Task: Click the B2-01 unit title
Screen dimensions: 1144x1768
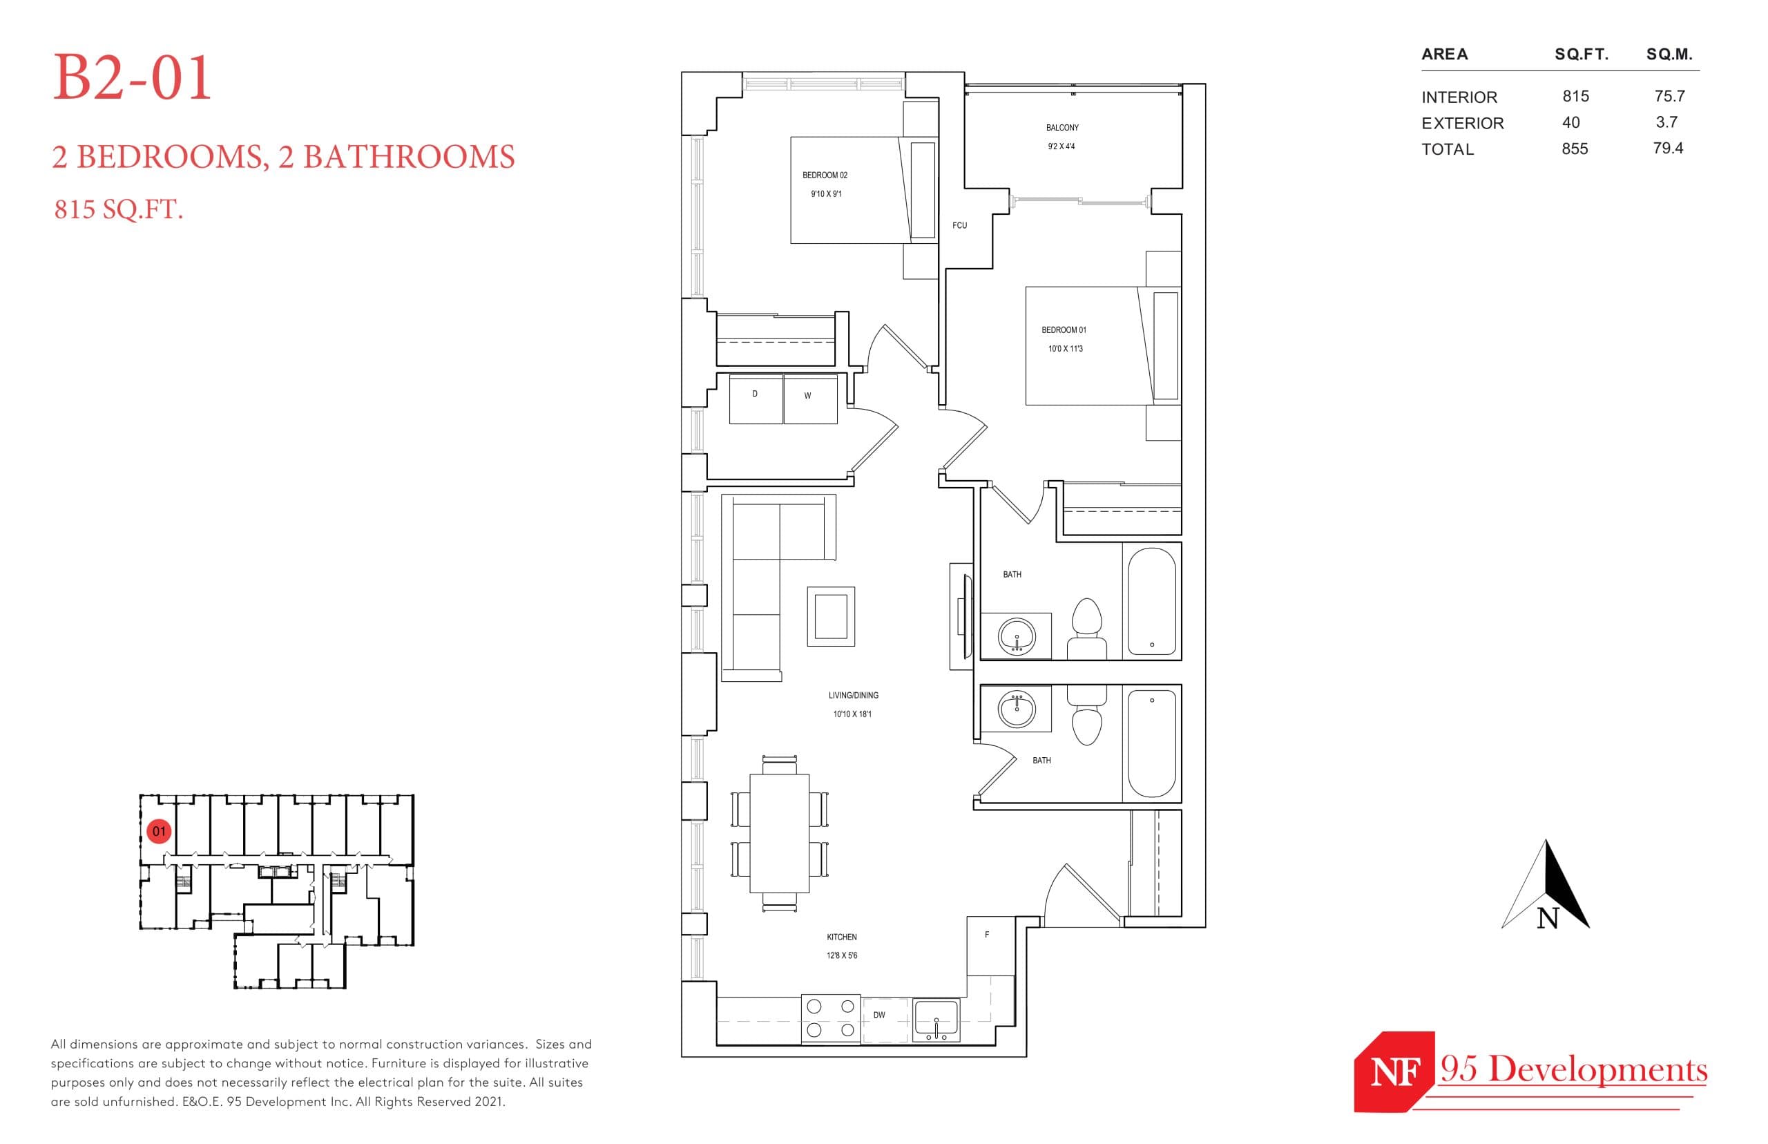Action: click(x=132, y=78)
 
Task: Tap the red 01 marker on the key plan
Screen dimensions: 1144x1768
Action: click(x=159, y=830)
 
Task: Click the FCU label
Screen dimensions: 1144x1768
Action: click(x=959, y=225)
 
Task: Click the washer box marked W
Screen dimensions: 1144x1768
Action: click(x=809, y=399)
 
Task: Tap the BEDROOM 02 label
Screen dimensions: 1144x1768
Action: click(x=823, y=175)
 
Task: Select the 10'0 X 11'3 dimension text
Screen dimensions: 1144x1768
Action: click(x=1064, y=348)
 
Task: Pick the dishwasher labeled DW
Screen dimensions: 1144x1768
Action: click(x=883, y=1018)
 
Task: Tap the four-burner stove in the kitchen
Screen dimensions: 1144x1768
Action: click(x=830, y=1018)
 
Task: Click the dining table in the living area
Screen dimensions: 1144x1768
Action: click(x=778, y=832)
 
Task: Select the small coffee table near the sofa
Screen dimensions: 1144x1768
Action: click(x=830, y=616)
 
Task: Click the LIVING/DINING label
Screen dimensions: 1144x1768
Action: click(x=852, y=696)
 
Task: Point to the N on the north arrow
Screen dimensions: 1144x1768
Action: click(x=1547, y=919)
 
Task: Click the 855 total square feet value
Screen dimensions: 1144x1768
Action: click(x=1574, y=149)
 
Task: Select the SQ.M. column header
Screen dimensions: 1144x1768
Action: click(x=1669, y=54)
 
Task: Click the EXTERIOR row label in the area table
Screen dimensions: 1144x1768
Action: click(x=1461, y=124)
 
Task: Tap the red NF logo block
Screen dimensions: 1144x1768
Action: click(x=1393, y=1072)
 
